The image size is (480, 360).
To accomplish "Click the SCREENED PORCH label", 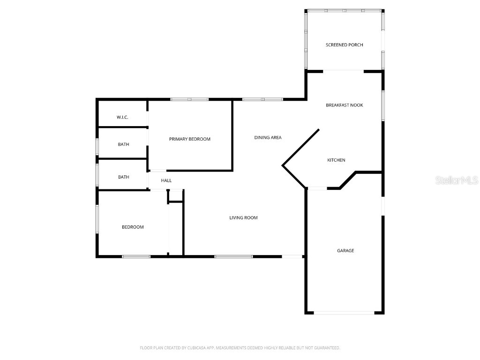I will [345, 45].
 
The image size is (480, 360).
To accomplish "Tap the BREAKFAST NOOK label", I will [345, 105].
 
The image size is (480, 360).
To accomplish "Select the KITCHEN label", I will [336, 160].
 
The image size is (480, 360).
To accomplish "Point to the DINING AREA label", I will [268, 137].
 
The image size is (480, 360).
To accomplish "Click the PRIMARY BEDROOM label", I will [190, 139].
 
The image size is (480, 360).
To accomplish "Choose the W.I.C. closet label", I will [122, 117].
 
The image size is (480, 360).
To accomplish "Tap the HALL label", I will [166, 180].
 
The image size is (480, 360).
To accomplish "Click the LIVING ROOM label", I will [243, 217].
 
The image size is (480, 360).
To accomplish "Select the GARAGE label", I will [345, 251].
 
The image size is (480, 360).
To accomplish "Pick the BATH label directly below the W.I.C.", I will [123, 144].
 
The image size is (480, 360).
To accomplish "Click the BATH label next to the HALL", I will [123, 177].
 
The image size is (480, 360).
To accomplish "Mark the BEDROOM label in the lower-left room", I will [133, 227].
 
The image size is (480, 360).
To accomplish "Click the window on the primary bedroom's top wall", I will [189, 99].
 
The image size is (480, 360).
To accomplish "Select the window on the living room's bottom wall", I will [233, 256].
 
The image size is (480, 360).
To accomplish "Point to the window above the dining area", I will [262, 99].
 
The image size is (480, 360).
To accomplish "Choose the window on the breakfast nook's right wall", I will [383, 105].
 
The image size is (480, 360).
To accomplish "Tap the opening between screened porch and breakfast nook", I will [344, 71].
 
